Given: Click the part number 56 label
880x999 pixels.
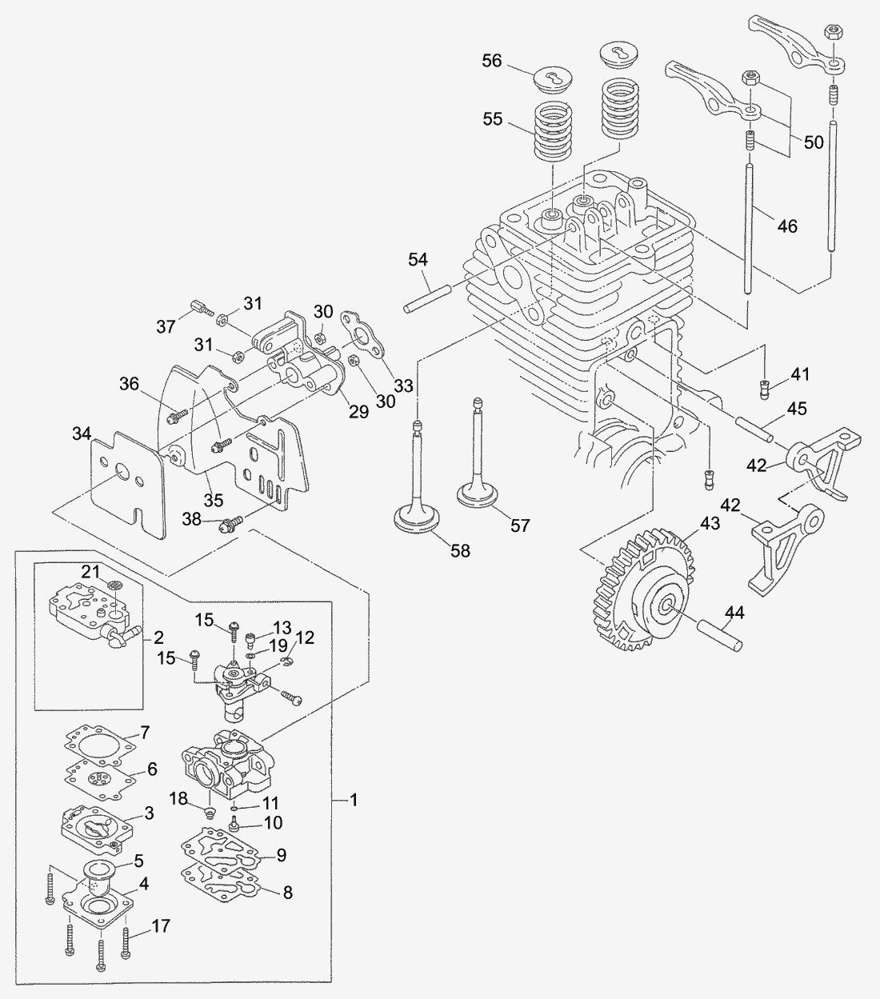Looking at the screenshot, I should point(491,61).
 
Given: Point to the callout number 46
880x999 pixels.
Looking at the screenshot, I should point(787,226).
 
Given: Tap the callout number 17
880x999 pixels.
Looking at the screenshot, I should point(162,926).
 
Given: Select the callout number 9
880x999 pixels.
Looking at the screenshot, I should point(280,855).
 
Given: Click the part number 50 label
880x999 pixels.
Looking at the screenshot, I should point(814,142).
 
